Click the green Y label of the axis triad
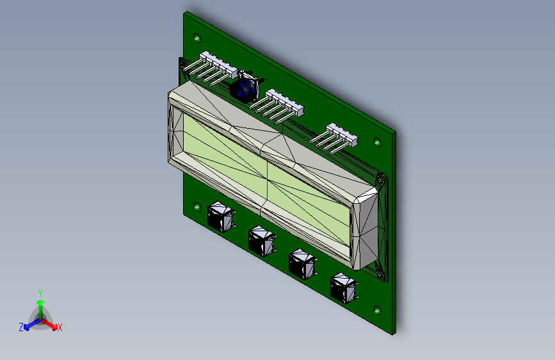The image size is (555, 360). pyautogui.click(x=40, y=291)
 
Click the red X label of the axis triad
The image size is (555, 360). pyautogui.click(x=60, y=327)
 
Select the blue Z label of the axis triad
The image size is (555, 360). pyautogui.click(x=21, y=327)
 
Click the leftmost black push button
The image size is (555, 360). pyautogui.click(x=221, y=216)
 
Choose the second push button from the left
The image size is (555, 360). pyautogui.click(x=261, y=240)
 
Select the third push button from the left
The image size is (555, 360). pyautogui.click(x=302, y=263)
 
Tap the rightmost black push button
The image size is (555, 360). pyautogui.click(x=343, y=287)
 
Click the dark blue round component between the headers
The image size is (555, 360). pyautogui.click(x=244, y=88)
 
